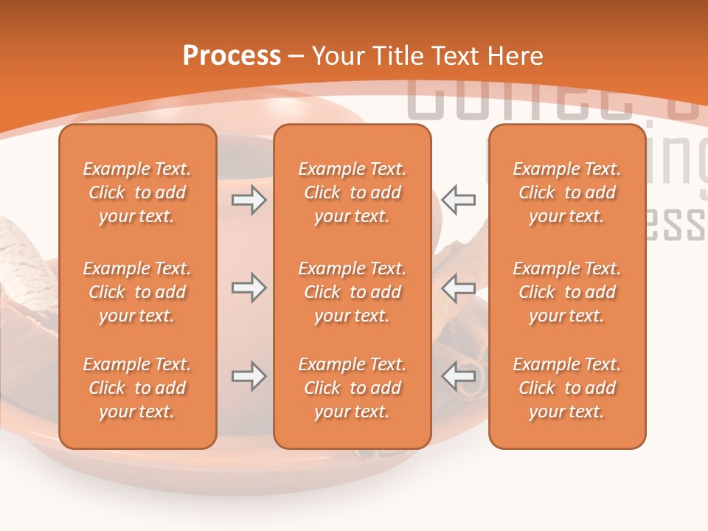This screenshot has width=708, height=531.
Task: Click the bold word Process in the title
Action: coord(232,56)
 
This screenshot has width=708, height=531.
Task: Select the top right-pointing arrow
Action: coord(249,200)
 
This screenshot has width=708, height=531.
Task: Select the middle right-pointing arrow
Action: coord(249,288)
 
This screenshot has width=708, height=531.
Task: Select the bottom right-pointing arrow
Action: coord(249,376)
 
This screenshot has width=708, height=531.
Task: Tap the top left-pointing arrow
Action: coord(458,200)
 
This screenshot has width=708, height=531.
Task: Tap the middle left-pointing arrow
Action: coord(458,288)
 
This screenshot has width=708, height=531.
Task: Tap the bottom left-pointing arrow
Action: coord(458,376)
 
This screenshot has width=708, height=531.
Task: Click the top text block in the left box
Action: coord(137,192)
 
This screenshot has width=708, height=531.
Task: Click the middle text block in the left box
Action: coord(137,292)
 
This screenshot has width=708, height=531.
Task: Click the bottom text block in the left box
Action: coord(137,388)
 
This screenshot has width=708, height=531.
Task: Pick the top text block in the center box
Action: coord(352,192)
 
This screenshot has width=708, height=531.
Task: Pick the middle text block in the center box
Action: coord(352,292)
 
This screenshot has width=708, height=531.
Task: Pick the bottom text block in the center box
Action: coord(352,388)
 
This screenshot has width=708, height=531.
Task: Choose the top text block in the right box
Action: coord(566,192)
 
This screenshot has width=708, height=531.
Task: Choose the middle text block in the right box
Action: coord(566,292)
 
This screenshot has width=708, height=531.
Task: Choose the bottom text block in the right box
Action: coord(566,388)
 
